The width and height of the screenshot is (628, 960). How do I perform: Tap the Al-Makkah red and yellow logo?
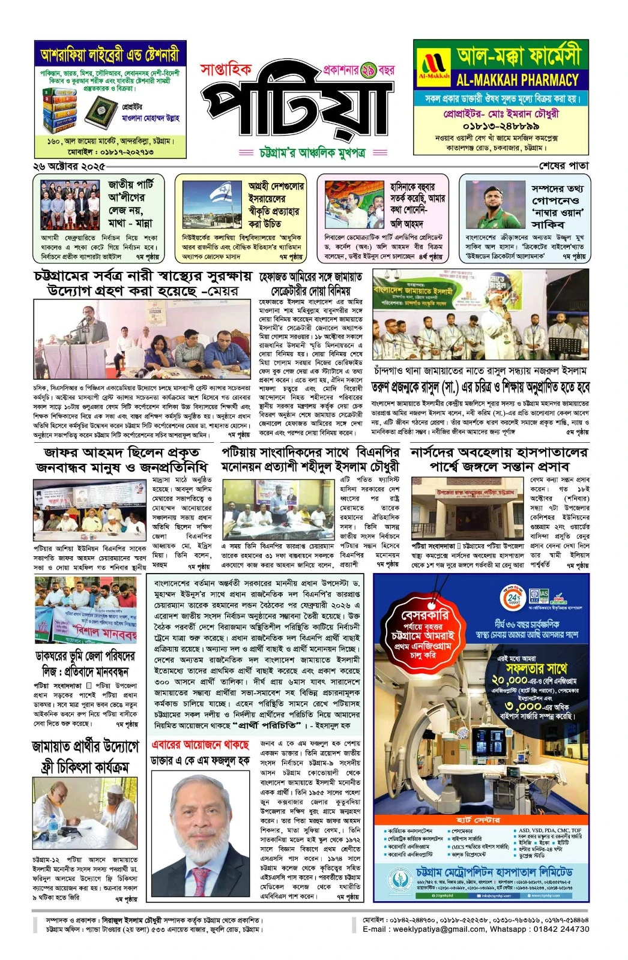pyautogui.click(x=433, y=67)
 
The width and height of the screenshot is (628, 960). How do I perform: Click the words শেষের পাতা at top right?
pyautogui.click(x=563, y=166)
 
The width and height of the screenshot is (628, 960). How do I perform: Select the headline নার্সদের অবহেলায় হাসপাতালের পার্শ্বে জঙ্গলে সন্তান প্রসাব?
pyautogui.click(x=499, y=459)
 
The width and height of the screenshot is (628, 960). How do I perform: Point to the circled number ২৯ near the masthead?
pyautogui.click(x=368, y=71)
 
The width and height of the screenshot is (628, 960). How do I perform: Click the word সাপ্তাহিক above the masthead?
pyautogui.click(x=226, y=70)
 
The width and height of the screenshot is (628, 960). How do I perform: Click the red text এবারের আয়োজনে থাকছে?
pyautogui.click(x=200, y=745)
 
